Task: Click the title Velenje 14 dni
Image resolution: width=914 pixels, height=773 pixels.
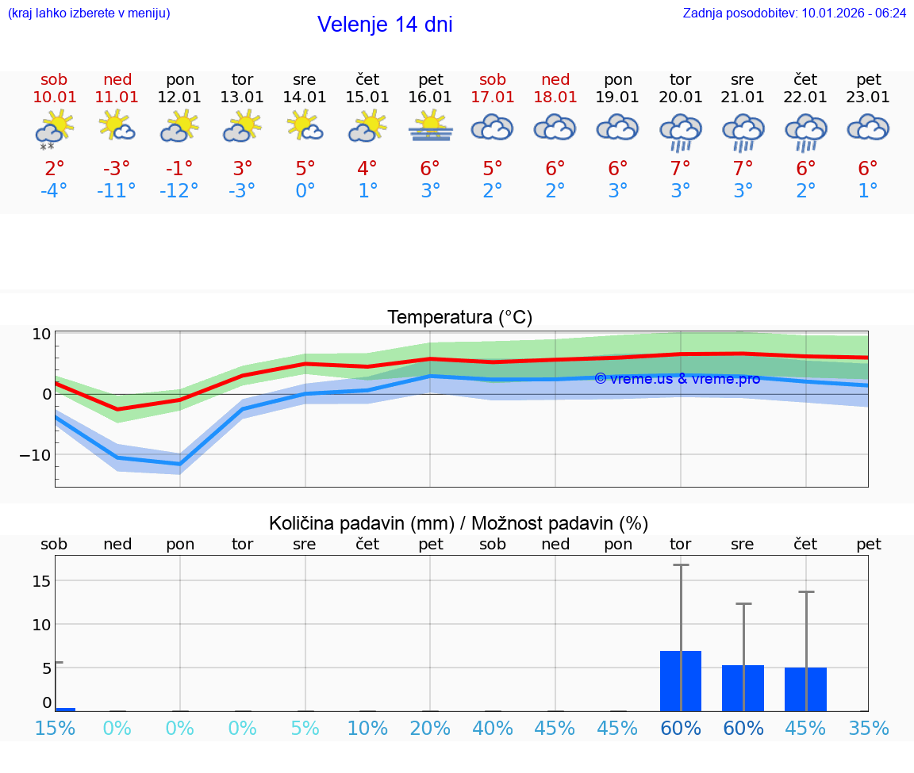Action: (385, 25)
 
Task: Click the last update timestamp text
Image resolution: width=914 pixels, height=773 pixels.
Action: (794, 13)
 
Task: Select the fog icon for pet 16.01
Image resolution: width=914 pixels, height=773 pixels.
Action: (430, 127)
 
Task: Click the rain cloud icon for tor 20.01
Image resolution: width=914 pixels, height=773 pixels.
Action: (681, 131)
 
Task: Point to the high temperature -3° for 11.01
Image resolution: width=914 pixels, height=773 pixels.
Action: (117, 169)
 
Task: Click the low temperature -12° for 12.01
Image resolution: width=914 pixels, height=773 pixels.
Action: (179, 191)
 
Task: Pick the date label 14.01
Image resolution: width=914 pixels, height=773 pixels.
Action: (305, 98)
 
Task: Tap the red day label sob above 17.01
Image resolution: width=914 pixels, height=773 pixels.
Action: (493, 79)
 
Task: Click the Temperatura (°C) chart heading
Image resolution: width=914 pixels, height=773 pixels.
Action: (459, 318)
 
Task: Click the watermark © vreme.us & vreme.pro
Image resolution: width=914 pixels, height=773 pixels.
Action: (677, 379)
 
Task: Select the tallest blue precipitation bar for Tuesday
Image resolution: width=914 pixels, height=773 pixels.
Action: (681, 680)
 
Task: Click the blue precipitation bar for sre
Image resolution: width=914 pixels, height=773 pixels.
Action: (743, 687)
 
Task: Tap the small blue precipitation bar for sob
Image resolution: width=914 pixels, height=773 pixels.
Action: (65, 709)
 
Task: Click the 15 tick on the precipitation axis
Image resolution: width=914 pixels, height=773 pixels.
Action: (41, 581)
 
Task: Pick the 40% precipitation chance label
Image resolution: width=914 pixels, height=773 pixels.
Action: (492, 729)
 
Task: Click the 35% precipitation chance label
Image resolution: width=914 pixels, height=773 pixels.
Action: (868, 729)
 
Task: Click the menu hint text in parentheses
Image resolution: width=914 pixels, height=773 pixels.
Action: (89, 13)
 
